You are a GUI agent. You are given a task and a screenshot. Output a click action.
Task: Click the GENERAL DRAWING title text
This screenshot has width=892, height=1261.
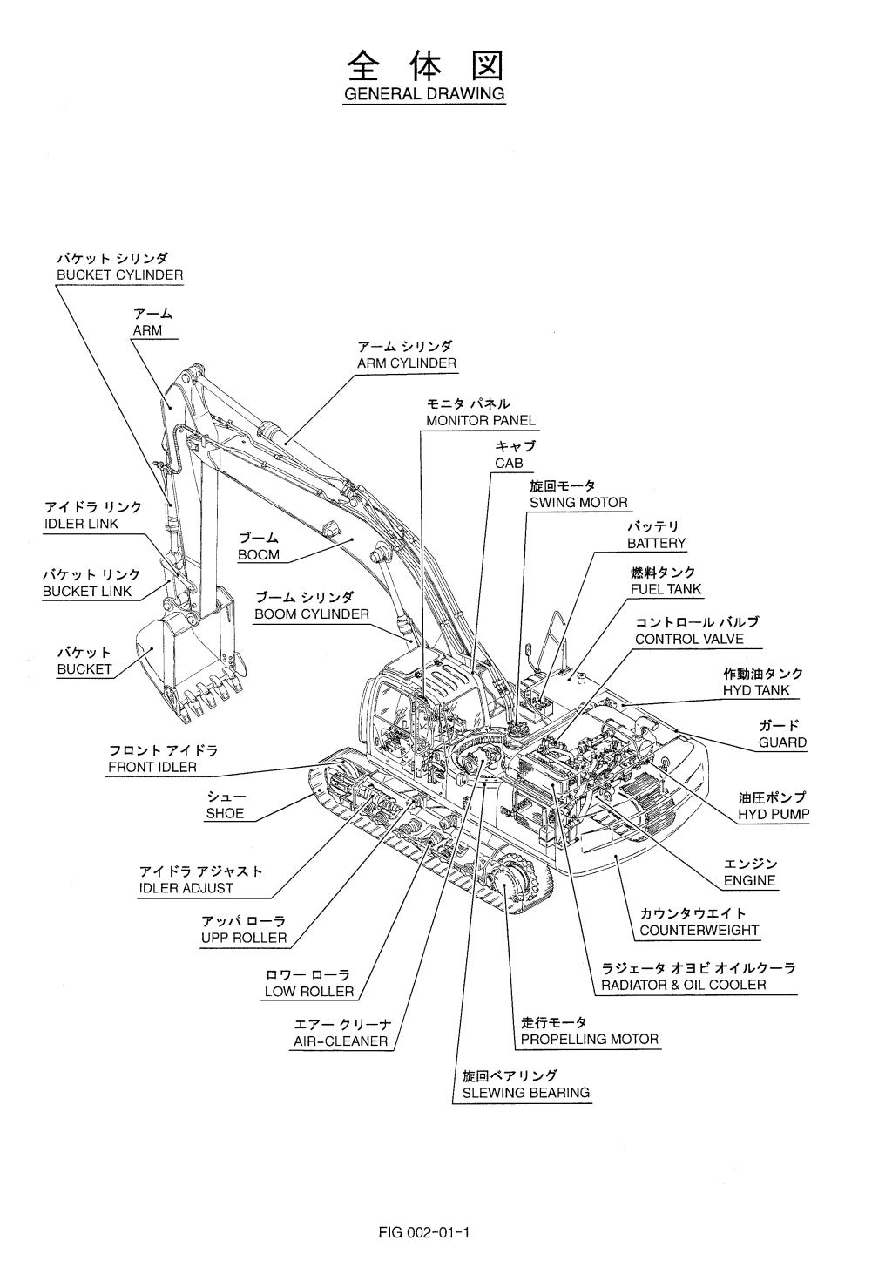[424, 93]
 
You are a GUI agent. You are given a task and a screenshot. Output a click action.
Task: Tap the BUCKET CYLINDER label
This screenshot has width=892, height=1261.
[119, 275]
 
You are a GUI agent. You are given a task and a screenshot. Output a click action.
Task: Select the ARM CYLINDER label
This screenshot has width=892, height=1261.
[407, 363]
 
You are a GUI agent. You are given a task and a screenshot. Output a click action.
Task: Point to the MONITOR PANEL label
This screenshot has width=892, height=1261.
[481, 420]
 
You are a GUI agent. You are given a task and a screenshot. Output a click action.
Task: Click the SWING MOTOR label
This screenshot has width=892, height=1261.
[578, 503]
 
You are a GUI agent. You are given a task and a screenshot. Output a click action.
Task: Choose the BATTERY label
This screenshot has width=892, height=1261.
[656, 544]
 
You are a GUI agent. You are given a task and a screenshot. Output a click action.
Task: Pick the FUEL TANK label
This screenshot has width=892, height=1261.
[666, 589]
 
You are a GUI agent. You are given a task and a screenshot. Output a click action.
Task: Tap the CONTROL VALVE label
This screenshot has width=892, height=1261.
[689, 639]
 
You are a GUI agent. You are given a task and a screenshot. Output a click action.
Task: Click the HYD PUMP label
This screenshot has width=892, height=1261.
[774, 815]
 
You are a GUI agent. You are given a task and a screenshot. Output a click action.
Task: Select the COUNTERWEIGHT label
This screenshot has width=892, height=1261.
[699, 930]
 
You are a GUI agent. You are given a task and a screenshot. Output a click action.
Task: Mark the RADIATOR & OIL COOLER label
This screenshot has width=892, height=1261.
[684, 985]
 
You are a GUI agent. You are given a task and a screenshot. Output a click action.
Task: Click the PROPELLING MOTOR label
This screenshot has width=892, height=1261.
[590, 1039]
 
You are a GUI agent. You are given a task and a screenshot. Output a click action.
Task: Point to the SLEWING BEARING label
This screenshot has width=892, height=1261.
[525, 1092]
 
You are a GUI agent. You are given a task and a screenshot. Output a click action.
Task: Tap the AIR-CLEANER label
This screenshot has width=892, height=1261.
[341, 1041]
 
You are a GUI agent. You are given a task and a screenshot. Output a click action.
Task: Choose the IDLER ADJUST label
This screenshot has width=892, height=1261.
[186, 888]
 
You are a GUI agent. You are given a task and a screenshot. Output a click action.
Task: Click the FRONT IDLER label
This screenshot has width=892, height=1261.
[152, 768]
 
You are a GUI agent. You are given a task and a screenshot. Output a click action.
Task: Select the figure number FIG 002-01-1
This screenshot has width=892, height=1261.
[424, 1208]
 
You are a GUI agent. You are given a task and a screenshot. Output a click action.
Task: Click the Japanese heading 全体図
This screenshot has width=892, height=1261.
[424, 65]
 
